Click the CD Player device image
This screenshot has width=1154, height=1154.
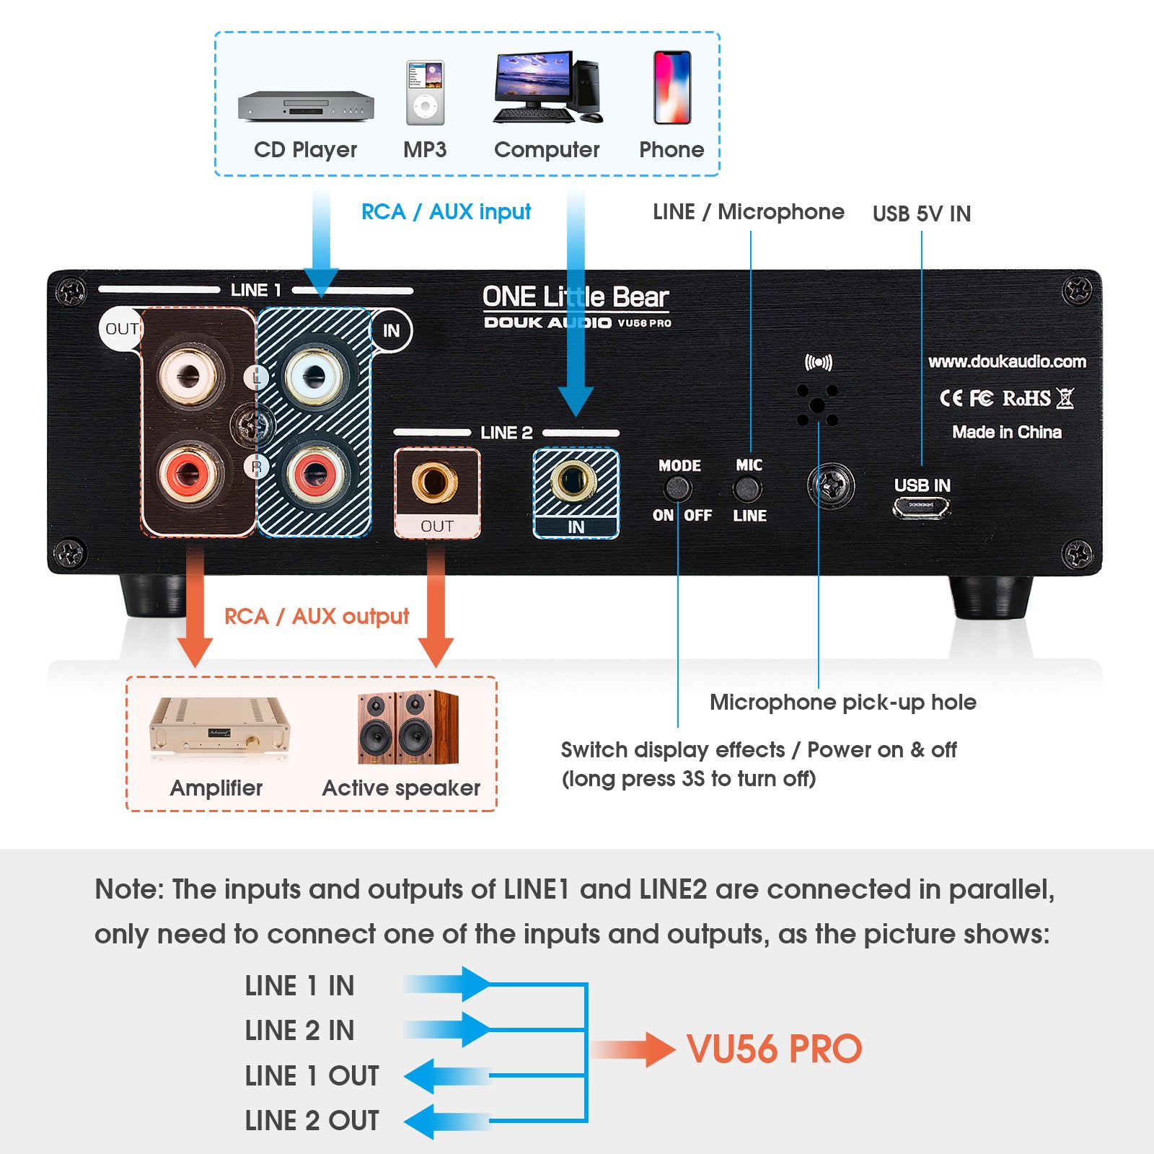point(306,106)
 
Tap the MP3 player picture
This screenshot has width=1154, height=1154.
point(425,93)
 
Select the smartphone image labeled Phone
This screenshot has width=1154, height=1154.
point(671,87)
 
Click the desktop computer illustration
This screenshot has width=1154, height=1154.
point(547,87)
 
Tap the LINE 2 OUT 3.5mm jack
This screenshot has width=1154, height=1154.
point(434,482)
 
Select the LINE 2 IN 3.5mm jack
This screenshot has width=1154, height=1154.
point(574,482)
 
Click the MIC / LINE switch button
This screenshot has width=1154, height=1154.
point(748,490)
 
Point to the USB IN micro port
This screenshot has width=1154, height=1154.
point(922,507)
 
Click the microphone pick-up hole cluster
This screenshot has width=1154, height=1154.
point(817,405)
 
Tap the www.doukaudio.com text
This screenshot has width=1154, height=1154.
point(1007,361)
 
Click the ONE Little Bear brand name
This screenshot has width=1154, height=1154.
point(575,296)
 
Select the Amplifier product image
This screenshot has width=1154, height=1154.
point(219,728)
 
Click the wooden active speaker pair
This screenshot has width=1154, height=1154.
point(408,728)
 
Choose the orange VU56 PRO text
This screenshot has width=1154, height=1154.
point(774,1049)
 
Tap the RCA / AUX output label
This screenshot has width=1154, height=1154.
point(316,617)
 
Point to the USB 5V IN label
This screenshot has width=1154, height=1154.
point(921,213)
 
